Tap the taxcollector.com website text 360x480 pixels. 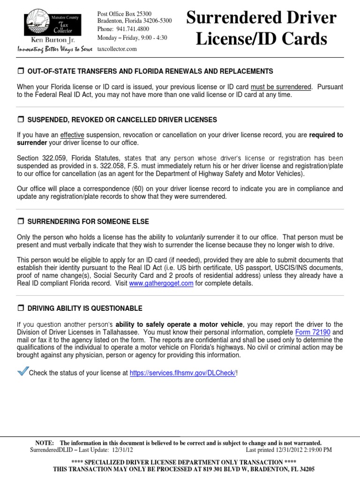tap(117, 49)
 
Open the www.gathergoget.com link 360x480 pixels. tap(161, 284)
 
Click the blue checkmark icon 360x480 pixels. tap(22, 371)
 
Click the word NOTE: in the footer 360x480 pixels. tap(45, 443)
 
